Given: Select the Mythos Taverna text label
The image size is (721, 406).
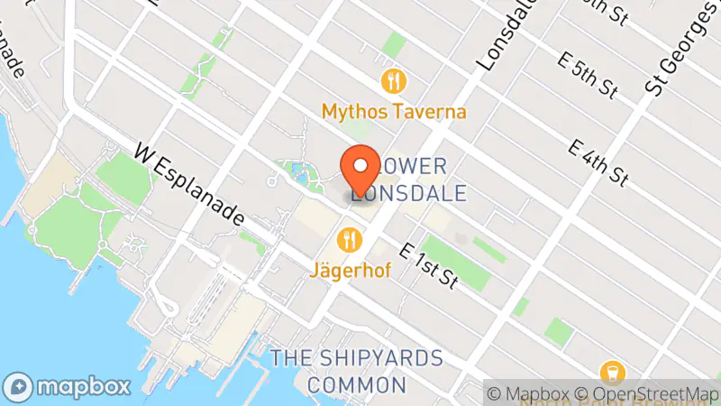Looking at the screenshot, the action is [x=394, y=112].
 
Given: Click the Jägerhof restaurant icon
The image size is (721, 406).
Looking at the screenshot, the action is [x=350, y=240].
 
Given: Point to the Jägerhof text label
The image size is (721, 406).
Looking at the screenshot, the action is [x=351, y=270].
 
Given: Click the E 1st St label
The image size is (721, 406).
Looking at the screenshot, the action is [x=430, y=266].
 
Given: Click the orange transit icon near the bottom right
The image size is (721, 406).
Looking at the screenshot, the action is [x=612, y=373].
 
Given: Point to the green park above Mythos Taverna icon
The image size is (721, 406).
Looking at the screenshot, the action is [x=393, y=44].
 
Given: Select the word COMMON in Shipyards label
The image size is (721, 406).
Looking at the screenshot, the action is [x=355, y=385].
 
